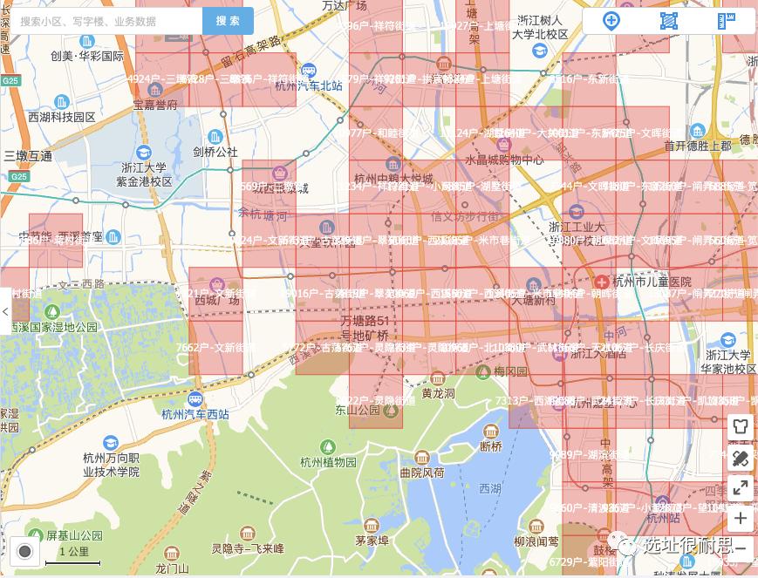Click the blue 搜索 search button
228,21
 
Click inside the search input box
105,21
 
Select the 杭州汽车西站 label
195,414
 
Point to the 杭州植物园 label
327,462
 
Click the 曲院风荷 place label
421,473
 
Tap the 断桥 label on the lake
490,446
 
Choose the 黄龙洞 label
438,393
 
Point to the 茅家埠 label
372,540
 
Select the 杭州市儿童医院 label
651,282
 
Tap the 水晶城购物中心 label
503,160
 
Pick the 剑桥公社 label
215,151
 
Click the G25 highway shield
10,80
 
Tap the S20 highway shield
17,177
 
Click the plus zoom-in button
741,519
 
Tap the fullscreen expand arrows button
741,488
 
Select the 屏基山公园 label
74,535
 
